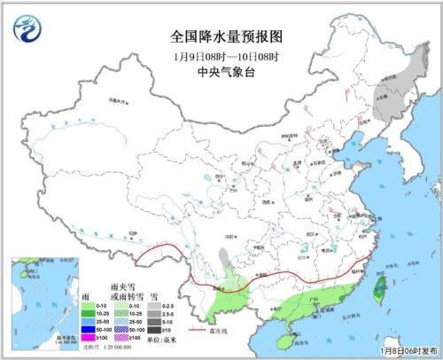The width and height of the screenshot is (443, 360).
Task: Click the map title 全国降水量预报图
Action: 221,36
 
